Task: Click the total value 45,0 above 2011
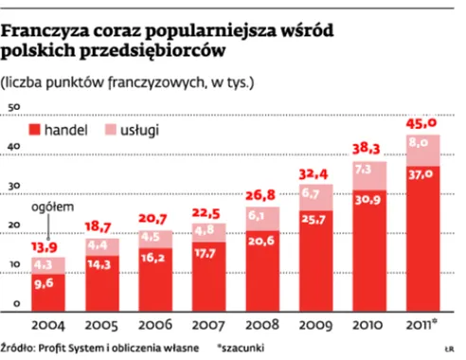(x=421, y=123)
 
